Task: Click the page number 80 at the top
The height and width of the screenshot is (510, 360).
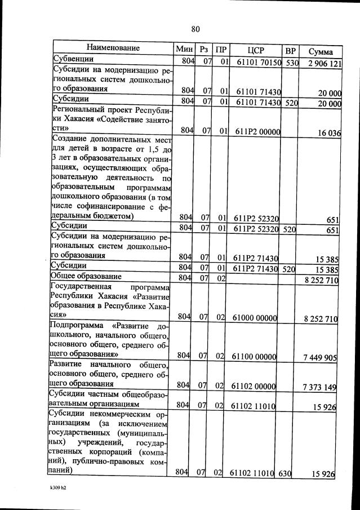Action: tap(195, 29)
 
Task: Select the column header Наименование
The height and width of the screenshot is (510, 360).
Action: tap(113, 48)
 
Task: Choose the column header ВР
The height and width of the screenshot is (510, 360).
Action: tap(291, 50)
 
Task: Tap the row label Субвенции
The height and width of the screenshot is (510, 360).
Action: tap(73, 59)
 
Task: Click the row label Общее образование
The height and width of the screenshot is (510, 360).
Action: tap(86, 277)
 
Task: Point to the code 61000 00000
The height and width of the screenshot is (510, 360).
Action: tap(257, 318)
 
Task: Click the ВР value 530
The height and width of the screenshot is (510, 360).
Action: tap(291, 63)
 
